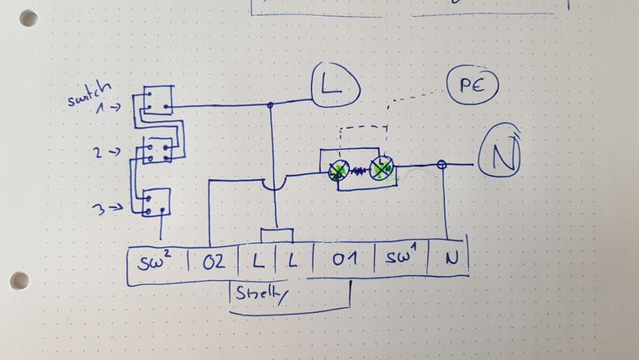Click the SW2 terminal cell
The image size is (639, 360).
pos(156,262)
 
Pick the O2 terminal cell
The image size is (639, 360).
pos(214,262)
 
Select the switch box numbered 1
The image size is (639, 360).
pos(158,101)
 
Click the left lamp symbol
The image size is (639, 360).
pos(338,172)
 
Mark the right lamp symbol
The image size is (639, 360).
pos(382,168)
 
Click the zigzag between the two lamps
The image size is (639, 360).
pos(360,171)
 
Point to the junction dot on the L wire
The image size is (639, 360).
pos(270,106)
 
